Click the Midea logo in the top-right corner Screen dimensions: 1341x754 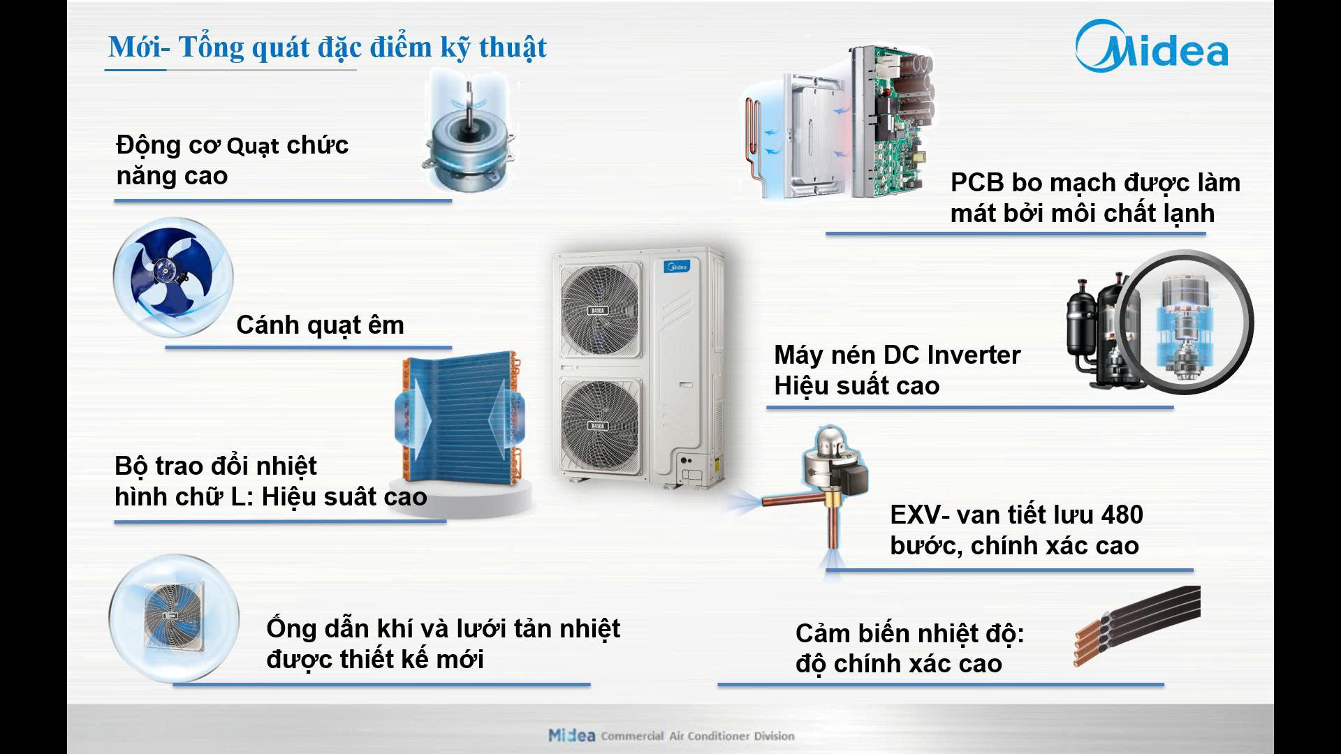click(x=1151, y=46)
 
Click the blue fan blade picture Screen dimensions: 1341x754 click(x=173, y=277)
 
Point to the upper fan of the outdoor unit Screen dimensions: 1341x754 click(x=600, y=306)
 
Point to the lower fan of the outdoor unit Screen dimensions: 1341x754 click(x=600, y=423)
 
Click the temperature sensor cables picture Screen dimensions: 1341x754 click(x=1136, y=625)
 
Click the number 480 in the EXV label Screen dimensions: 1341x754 click(x=1122, y=515)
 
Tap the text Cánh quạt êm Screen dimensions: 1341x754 click(x=320, y=325)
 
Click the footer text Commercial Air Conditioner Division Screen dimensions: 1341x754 click(x=698, y=736)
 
